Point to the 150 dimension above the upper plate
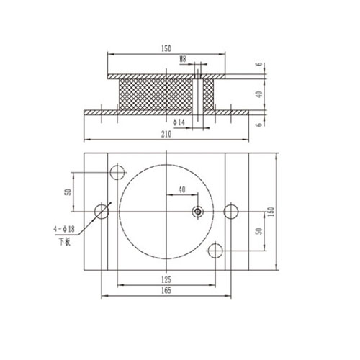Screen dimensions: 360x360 tap(166, 48)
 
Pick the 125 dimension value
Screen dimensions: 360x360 tap(166, 279)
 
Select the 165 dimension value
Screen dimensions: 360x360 tap(166, 290)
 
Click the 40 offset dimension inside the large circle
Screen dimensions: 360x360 tap(181, 189)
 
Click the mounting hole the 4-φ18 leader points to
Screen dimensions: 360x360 tap(102, 211)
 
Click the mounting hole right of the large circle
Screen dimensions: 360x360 tap(230, 211)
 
